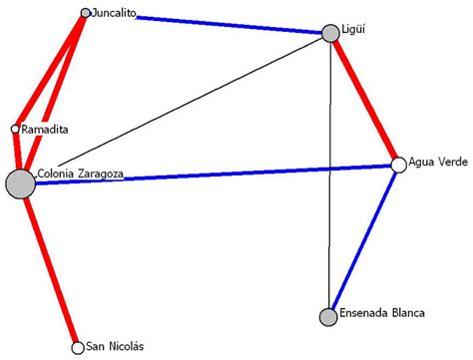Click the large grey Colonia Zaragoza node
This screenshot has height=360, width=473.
(x=20, y=184)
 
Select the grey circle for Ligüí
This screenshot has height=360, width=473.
(x=331, y=34)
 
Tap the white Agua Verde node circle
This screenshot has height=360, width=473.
(x=399, y=165)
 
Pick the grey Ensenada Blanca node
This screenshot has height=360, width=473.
(x=328, y=317)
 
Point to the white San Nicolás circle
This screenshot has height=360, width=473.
(x=78, y=348)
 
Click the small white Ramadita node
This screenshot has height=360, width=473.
(x=15, y=129)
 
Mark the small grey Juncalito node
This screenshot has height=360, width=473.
(x=85, y=14)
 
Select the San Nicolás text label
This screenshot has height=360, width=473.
(x=115, y=346)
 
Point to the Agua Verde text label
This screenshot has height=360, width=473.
(x=437, y=164)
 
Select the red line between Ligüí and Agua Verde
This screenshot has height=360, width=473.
(x=365, y=100)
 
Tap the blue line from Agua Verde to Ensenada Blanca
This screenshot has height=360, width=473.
(x=364, y=240)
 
